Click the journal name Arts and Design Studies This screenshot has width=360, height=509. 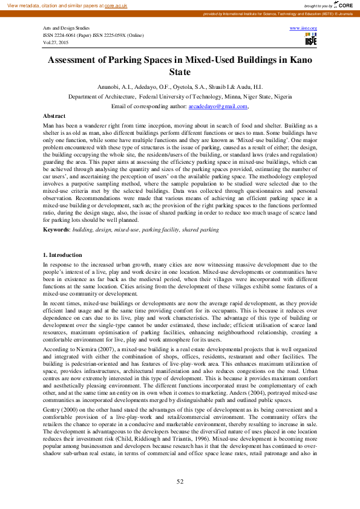(66, 28)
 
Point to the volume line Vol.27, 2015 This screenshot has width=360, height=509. (56, 43)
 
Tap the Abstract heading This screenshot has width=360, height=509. (54, 115)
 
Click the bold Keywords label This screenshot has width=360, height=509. (56, 230)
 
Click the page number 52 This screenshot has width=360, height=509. (180, 481)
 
